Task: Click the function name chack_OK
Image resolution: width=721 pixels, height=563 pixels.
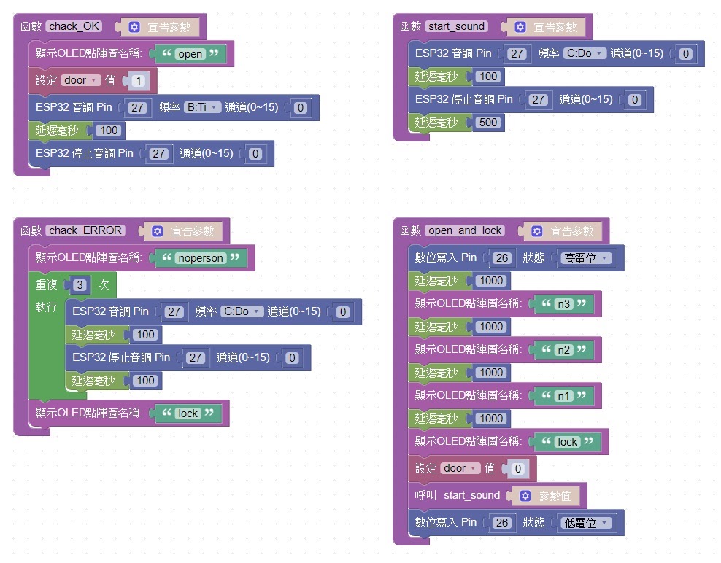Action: [x=74, y=26]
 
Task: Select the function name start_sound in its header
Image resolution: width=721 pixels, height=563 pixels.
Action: [x=456, y=26]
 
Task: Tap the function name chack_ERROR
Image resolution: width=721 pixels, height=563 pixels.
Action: [x=85, y=230]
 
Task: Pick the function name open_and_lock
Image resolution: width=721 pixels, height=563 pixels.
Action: [x=464, y=230]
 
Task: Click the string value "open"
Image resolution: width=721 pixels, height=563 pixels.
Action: [x=190, y=54]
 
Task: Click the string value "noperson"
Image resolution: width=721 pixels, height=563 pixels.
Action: [x=201, y=258]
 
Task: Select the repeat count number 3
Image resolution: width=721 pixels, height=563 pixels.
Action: [x=80, y=285]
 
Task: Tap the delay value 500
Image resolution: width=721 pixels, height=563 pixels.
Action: [x=488, y=123]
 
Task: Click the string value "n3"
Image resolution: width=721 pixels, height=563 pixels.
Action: [x=564, y=304]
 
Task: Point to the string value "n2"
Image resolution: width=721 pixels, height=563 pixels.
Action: [x=564, y=350]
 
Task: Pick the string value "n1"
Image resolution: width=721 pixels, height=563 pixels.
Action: [x=564, y=396]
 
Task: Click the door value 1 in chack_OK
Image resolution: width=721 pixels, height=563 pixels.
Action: [x=139, y=81]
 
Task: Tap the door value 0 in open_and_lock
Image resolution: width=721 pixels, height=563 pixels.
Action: [x=517, y=469]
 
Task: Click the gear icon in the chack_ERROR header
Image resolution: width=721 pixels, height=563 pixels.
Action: [x=157, y=231]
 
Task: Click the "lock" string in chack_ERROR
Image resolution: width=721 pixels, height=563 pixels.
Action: [x=188, y=413]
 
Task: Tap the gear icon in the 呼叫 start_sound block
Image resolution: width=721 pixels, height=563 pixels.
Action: [x=525, y=496]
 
